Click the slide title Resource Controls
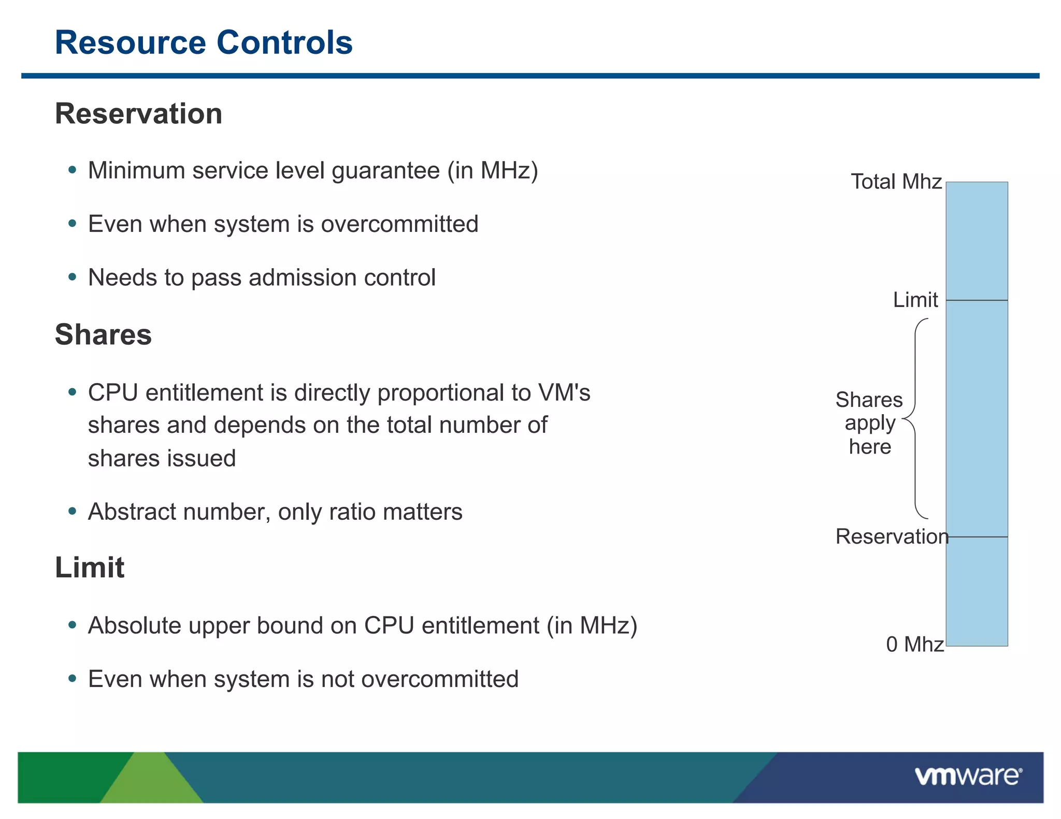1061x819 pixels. pos(204,42)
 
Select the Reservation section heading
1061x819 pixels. pos(138,114)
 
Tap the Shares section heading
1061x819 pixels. pos(103,334)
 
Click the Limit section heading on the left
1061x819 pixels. pos(90,567)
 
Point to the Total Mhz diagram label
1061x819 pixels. pos(896,182)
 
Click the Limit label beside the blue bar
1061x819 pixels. pos(915,300)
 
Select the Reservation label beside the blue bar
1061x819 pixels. pos(891,536)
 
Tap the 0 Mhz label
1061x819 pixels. pos(914,645)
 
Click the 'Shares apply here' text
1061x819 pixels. pos(869,423)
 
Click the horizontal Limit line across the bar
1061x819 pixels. pos(977,300)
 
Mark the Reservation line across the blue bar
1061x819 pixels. pos(977,537)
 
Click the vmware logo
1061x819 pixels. pos(968,777)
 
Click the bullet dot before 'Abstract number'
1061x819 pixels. pos(73,511)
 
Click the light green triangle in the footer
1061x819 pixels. pos(150,782)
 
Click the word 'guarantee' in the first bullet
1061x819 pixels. pos(385,171)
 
